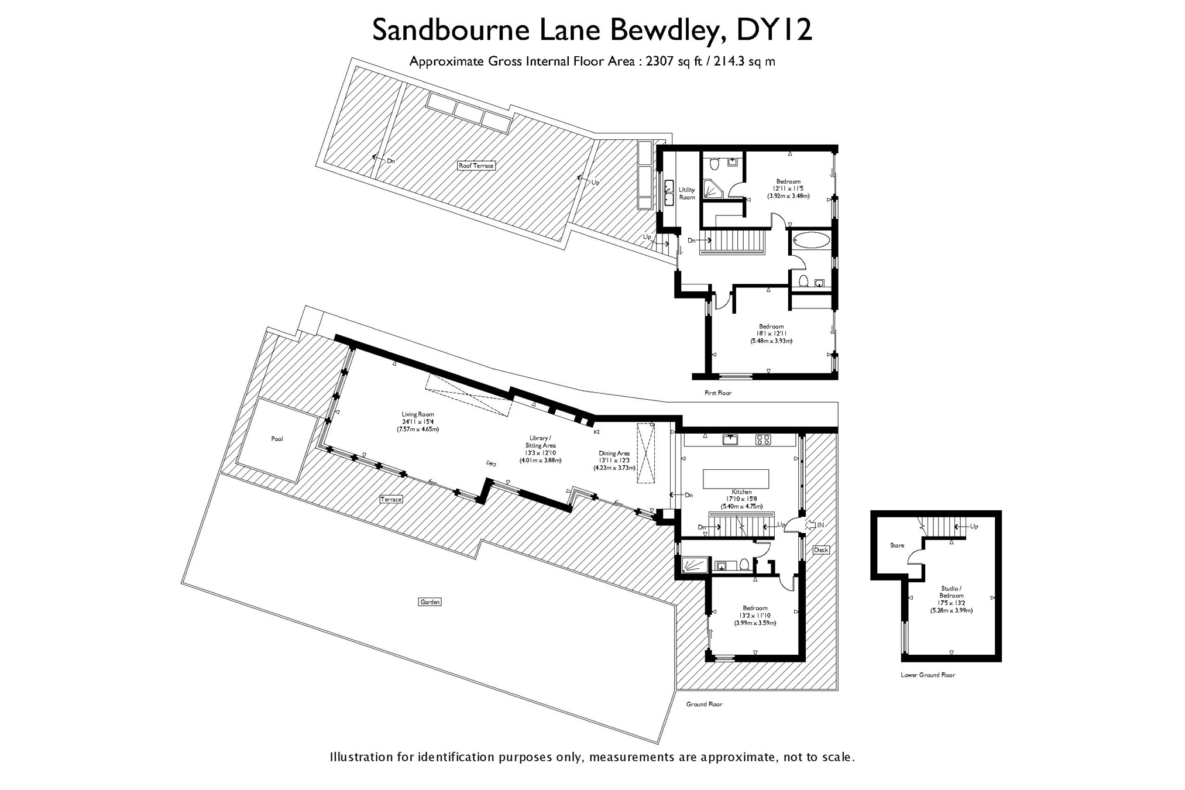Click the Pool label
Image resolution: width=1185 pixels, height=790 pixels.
(x=277, y=439)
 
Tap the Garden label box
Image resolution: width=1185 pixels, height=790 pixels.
(x=430, y=602)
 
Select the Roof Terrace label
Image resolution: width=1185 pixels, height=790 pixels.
(x=476, y=166)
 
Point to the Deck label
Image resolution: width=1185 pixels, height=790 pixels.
(x=821, y=549)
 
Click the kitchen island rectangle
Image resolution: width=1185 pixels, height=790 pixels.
(x=736, y=478)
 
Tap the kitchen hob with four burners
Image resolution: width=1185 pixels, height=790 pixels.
(x=763, y=439)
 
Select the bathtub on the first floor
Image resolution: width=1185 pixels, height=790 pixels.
(x=810, y=241)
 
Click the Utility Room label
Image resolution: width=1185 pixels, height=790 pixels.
(x=687, y=194)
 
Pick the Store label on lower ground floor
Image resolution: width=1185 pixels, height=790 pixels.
(x=897, y=545)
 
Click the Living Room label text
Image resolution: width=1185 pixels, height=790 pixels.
(x=418, y=414)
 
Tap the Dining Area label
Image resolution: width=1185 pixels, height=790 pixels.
(x=614, y=453)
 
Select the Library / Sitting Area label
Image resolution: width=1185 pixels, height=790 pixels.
(x=540, y=442)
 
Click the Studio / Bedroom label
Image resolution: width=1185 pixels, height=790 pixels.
(x=952, y=592)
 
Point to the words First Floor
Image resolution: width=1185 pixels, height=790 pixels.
(x=718, y=393)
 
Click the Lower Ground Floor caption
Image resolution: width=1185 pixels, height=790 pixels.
(x=928, y=675)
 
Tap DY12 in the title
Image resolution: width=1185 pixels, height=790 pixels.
(x=774, y=30)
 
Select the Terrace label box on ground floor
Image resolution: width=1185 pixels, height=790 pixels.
(x=391, y=499)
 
